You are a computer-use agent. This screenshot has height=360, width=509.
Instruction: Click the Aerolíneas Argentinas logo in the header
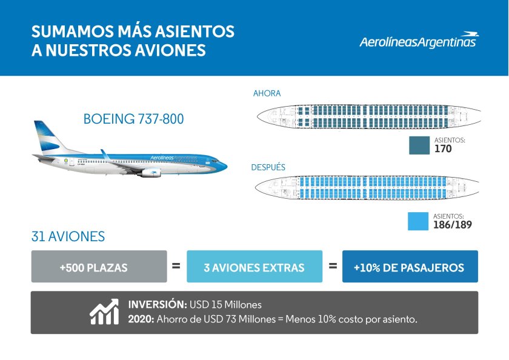click(418, 41)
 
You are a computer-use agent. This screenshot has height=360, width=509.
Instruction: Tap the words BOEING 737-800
click(133, 119)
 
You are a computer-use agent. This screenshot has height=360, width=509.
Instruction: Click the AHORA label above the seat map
click(267, 93)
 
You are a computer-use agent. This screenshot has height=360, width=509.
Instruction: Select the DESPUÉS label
click(268, 167)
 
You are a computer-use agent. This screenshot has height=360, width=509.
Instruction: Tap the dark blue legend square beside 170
click(419, 146)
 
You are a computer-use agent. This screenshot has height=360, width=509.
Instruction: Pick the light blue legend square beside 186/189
click(419, 221)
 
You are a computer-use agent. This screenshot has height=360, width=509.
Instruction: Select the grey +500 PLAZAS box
click(99, 267)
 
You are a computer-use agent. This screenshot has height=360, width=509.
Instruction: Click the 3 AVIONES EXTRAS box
click(254, 267)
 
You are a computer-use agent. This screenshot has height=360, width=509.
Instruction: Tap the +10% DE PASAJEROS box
click(410, 267)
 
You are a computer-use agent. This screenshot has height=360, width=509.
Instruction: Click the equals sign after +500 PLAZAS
click(176, 265)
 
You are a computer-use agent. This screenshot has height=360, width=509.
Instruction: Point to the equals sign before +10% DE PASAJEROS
click(333, 265)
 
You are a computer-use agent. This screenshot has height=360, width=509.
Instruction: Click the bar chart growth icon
click(104, 312)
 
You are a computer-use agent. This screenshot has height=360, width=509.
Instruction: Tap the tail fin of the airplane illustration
click(45, 135)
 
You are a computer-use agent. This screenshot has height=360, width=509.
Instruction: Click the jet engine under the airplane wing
click(150, 173)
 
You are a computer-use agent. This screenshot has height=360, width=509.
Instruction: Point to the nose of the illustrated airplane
click(224, 164)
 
